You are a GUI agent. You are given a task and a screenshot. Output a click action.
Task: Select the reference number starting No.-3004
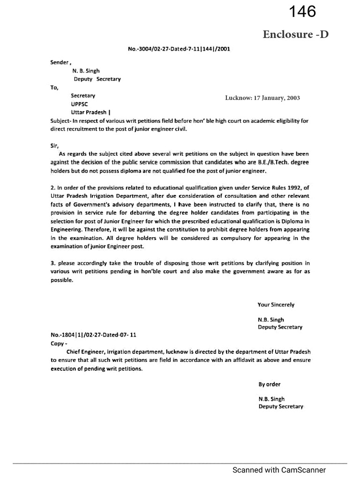(x=179, y=48)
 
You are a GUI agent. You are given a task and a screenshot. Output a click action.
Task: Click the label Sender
(x=60, y=62)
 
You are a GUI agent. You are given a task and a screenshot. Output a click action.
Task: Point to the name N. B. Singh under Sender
(x=86, y=71)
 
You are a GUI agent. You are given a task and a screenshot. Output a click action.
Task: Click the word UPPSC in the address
(x=79, y=104)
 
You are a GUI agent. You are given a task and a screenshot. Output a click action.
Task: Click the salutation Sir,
(x=55, y=146)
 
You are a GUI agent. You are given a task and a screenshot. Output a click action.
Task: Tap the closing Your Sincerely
(x=276, y=305)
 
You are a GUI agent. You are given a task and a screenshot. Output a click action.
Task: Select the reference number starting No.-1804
(x=93, y=335)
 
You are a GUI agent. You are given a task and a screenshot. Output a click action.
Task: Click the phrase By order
(x=270, y=384)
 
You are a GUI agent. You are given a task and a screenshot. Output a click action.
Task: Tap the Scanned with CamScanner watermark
(x=279, y=470)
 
